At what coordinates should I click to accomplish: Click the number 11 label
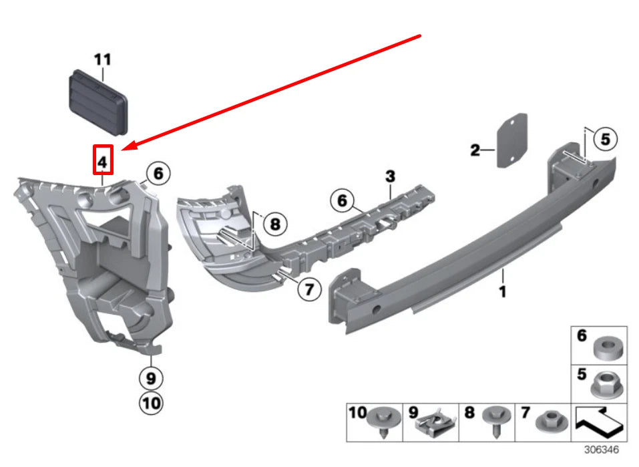pyautogui.click(x=102, y=60)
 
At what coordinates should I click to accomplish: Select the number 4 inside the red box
pyautogui.click(x=102, y=161)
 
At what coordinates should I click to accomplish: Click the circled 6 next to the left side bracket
pyautogui.click(x=158, y=174)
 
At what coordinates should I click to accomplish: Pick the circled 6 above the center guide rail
pyautogui.click(x=342, y=200)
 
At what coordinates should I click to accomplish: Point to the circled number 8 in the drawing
pyautogui.click(x=274, y=224)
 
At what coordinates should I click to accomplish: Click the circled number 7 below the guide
pyautogui.click(x=308, y=289)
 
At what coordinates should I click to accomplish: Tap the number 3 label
pyautogui.click(x=390, y=176)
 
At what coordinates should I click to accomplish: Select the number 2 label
pyautogui.click(x=475, y=150)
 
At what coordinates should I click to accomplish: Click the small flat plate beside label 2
pyautogui.click(x=511, y=142)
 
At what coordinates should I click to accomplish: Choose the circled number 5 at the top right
pyautogui.click(x=605, y=140)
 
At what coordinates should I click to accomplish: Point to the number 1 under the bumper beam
pyautogui.click(x=503, y=292)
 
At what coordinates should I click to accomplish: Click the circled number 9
pyautogui.click(x=151, y=378)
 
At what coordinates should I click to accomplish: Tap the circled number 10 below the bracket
pyautogui.click(x=151, y=404)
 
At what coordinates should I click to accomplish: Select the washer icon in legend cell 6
pyautogui.click(x=606, y=347)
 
